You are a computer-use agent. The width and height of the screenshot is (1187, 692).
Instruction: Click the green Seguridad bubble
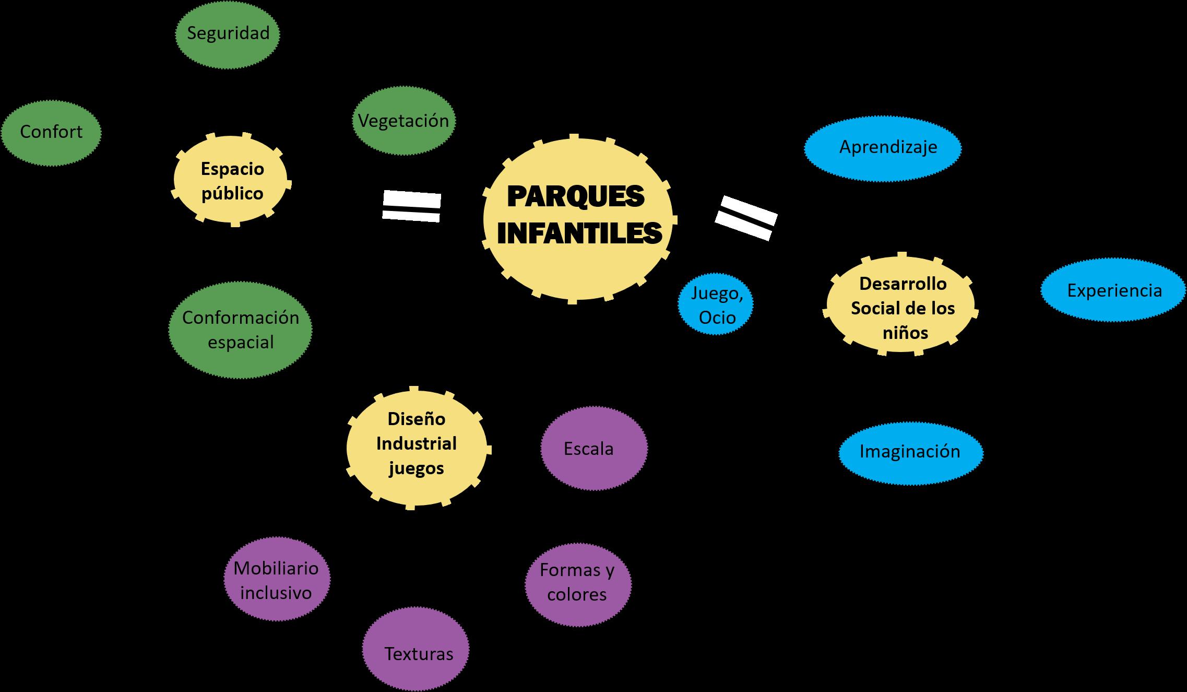click(228, 34)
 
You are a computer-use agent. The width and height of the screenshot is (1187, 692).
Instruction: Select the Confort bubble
click(51, 133)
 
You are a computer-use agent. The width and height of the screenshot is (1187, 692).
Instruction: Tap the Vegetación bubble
click(403, 121)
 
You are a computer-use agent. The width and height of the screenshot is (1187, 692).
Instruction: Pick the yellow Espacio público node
click(232, 180)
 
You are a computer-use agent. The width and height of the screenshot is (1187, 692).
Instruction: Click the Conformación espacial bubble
click(240, 330)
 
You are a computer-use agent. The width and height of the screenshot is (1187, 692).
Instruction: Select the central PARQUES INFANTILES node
click(578, 219)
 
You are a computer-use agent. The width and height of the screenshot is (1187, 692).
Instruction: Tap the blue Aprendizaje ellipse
click(882, 148)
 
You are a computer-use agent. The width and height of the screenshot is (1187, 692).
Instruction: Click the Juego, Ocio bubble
click(716, 306)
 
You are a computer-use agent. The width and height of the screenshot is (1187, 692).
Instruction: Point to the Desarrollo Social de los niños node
click(901, 308)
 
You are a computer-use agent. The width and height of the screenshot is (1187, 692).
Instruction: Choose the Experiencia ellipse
click(1113, 291)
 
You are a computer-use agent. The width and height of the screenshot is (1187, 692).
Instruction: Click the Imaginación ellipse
click(910, 452)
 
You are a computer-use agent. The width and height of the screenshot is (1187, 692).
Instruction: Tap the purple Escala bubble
click(593, 449)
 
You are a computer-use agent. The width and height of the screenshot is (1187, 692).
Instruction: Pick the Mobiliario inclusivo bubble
click(277, 580)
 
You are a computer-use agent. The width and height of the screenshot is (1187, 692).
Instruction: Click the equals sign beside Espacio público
click(412, 206)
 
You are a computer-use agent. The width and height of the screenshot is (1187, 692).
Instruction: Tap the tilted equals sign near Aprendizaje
click(746, 218)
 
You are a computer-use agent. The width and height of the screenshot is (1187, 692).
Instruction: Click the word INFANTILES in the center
click(579, 233)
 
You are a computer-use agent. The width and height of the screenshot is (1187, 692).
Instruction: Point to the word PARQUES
click(576, 197)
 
